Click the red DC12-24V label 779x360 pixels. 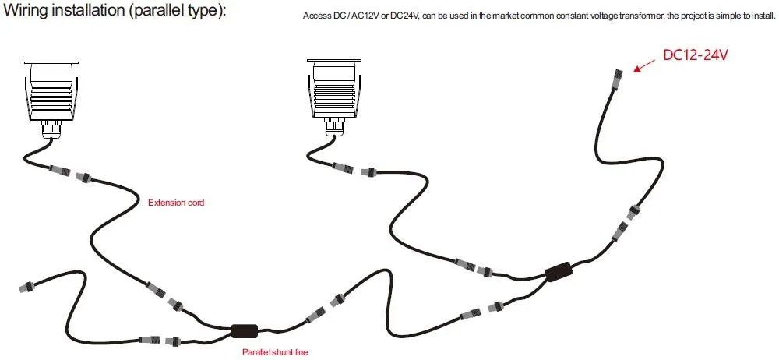tap(696, 55)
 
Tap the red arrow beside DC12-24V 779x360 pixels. tap(644, 65)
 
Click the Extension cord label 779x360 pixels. tap(176, 203)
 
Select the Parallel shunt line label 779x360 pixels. tap(275, 352)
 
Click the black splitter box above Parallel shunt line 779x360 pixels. tap(245, 330)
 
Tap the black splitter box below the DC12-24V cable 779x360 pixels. tap(559, 272)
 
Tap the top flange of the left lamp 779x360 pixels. tap(51, 62)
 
